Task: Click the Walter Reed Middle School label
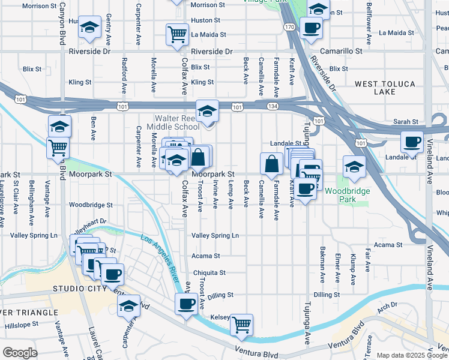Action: tap(177, 122)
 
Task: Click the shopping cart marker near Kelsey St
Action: tap(241, 324)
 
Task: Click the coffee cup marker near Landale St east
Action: tap(412, 142)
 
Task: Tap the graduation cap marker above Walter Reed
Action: tap(207, 110)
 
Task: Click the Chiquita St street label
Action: tap(208, 272)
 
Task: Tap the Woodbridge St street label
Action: tap(91, 205)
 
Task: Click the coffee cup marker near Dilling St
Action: tap(186, 304)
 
